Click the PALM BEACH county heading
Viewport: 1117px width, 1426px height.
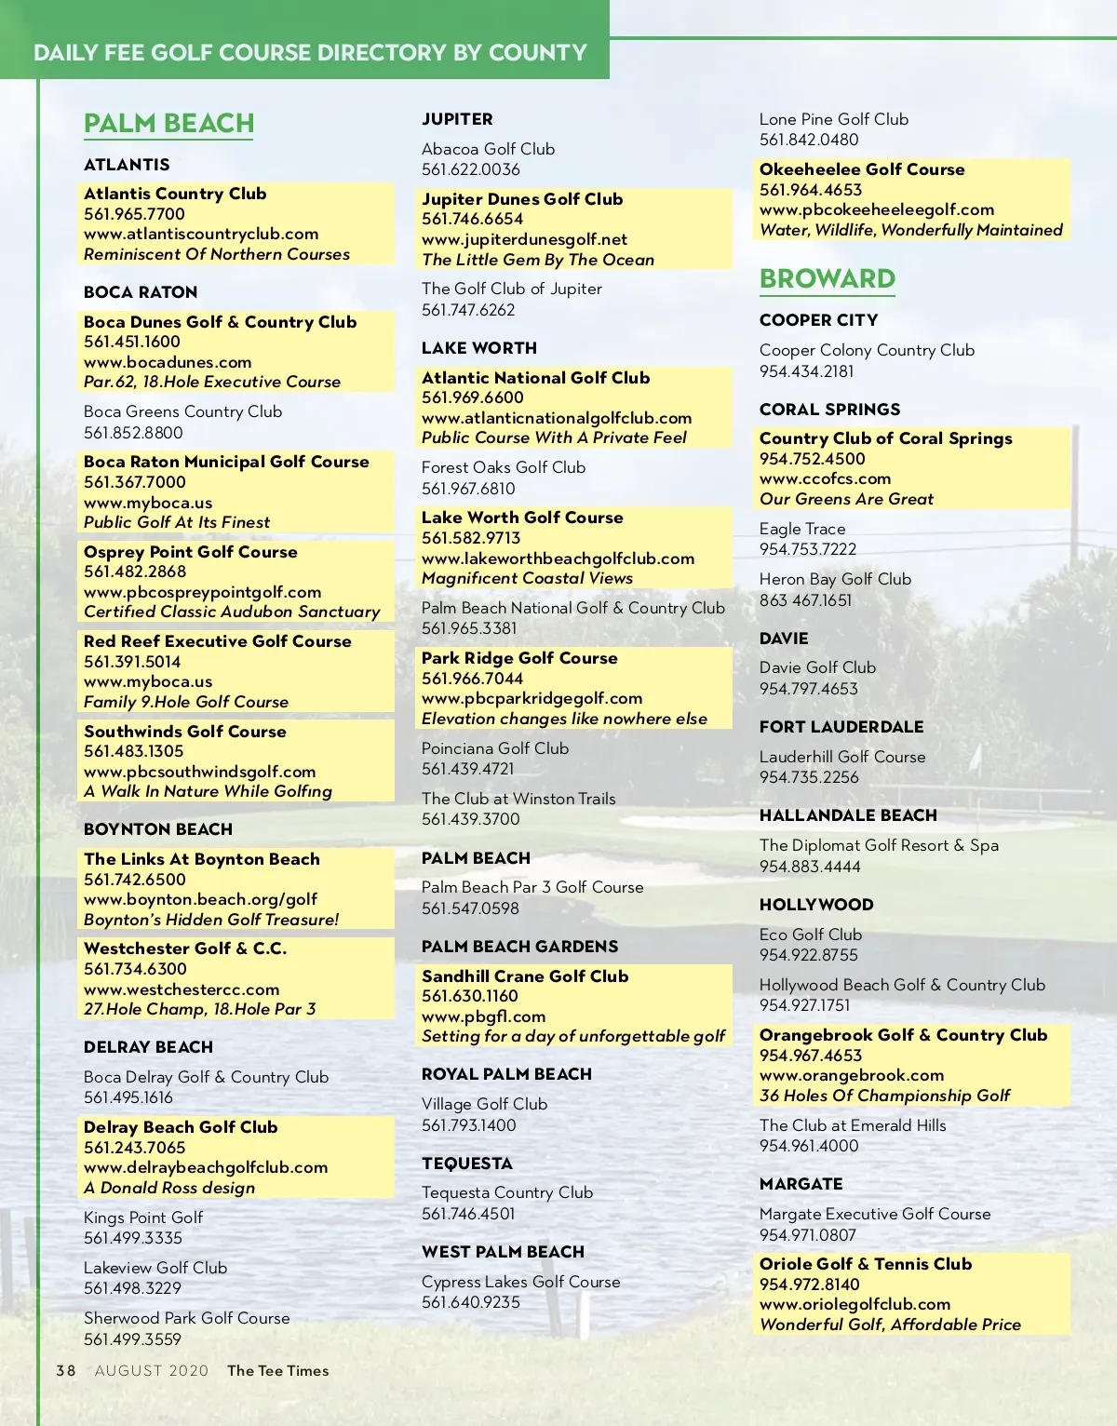pos(168,123)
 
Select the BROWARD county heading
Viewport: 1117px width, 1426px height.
pos(827,278)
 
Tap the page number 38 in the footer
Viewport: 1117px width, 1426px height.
pos(65,1370)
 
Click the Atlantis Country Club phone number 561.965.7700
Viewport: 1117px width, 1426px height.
pos(134,214)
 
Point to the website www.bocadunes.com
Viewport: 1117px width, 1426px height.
pos(168,362)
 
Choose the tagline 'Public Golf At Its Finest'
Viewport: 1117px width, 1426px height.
pos(177,522)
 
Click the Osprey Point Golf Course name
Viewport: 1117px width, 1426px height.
pos(191,552)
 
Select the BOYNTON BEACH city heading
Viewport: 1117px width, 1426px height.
pos(158,829)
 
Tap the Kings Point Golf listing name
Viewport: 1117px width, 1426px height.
pos(143,1217)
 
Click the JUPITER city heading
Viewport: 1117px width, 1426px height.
pos(457,119)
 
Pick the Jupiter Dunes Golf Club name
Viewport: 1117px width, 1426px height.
pos(522,199)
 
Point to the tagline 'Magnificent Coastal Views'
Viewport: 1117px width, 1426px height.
pos(527,578)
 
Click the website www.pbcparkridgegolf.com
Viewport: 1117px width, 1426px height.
pos(532,698)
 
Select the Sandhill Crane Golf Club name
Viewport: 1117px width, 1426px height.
pos(525,976)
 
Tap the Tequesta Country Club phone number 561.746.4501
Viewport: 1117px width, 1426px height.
pos(468,1214)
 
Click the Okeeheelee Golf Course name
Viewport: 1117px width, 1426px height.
pos(862,169)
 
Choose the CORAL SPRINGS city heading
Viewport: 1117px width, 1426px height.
pos(829,410)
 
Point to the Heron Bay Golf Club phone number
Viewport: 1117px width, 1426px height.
pos(805,600)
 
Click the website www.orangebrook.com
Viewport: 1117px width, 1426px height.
pos(852,1075)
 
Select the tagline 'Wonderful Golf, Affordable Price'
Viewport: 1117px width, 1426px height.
pos(890,1325)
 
